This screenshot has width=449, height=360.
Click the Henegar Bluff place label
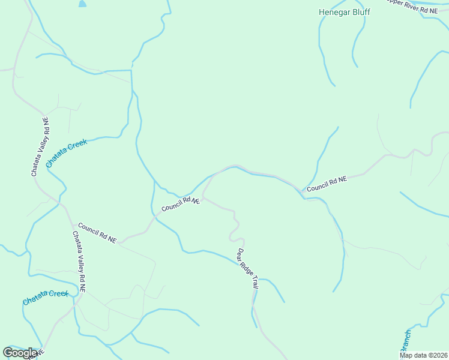click(x=344, y=12)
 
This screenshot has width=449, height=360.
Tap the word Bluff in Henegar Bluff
click(x=360, y=12)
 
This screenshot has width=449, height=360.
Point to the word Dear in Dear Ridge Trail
click(x=240, y=254)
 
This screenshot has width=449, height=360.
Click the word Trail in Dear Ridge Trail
click(x=254, y=283)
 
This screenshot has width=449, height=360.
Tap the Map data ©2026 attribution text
click(x=423, y=355)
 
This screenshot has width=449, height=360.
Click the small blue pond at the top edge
click(x=82, y=3)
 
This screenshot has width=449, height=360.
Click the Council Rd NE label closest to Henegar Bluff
click(x=327, y=184)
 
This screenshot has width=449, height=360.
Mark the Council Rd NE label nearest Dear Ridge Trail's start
click(x=180, y=204)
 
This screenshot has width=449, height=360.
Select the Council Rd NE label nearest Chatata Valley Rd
click(x=97, y=232)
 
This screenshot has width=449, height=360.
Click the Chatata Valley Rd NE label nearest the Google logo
click(x=79, y=262)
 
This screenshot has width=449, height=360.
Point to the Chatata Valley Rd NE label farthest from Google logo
click(x=40, y=147)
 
